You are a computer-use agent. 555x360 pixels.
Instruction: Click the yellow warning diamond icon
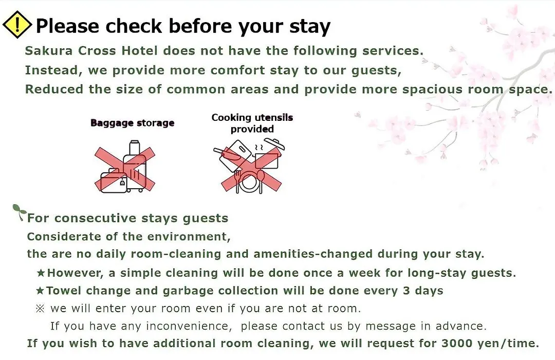(x=17, y=25)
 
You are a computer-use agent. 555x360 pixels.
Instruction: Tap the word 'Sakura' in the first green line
(x=48, y=51)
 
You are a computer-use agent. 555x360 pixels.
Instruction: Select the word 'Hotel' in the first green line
(x=139, y=51)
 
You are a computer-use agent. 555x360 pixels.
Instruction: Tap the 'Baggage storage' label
(x=133, y=123)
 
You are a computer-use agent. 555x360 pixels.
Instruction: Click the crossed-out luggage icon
(x=124, y=167)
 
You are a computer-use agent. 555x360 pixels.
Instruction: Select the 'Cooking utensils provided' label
(x=252, y=123)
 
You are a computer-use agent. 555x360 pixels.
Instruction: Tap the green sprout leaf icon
(x=19, y=211)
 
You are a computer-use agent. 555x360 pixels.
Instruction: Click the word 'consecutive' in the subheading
(x=95, y=218)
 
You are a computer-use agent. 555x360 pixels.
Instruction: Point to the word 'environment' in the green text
(x=188, y=237)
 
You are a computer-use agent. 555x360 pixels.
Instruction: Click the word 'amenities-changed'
(x=313, y=254)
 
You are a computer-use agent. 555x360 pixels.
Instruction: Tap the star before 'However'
(x=41, y=273)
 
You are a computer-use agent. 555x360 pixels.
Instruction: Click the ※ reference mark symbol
(x=40, y=309)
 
